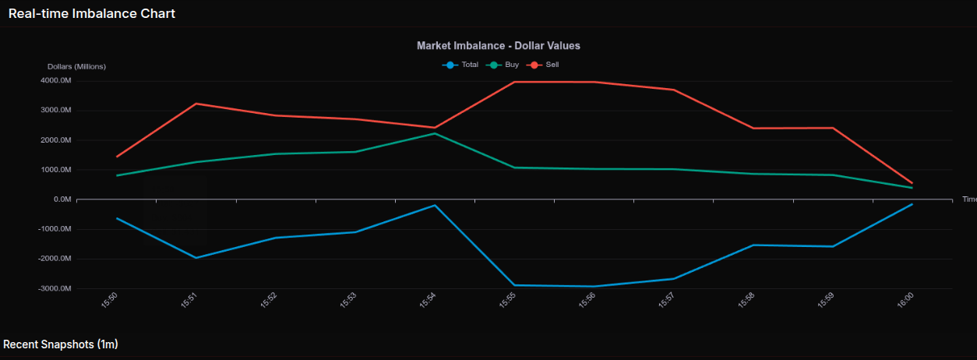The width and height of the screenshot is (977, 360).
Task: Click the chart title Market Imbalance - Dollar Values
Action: (498, 46)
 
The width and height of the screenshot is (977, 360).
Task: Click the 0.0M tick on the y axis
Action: (60, 199)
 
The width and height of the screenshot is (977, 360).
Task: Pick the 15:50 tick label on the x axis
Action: (111, 300)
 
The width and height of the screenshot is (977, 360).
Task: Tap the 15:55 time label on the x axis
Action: (508, 300)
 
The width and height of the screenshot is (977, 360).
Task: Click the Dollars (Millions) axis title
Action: (76, 66)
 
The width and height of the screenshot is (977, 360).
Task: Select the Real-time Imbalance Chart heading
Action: (92, 13)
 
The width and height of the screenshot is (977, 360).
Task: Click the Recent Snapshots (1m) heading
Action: (61, 344)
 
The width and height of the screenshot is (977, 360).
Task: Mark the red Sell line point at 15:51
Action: (196, 104)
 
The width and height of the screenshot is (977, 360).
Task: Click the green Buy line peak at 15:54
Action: (435, 133)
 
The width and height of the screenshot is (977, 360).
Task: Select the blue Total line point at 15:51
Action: (196, 258)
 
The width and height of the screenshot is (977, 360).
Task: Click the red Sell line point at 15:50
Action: (117, 157)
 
